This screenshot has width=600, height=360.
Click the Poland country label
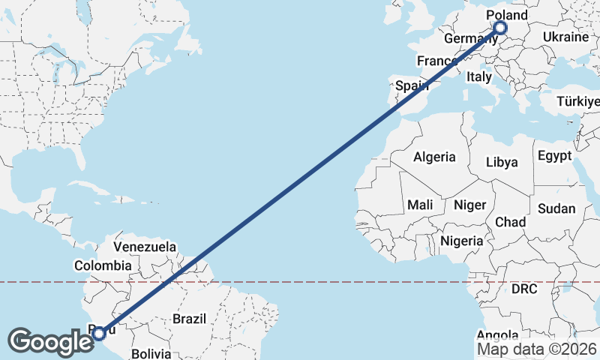507,16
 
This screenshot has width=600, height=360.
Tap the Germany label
466,38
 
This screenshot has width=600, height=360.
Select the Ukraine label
565,37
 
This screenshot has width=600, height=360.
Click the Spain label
412,85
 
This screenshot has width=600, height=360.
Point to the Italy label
478,76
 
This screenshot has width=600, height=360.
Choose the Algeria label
434,157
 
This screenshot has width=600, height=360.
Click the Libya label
502,161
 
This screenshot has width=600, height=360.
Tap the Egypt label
554,156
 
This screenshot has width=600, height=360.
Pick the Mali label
420,204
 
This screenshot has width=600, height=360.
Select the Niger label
470,204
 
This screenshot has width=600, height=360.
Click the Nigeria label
462,241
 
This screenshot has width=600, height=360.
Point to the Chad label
510,222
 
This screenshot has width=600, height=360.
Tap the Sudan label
556,208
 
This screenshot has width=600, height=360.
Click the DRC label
526,288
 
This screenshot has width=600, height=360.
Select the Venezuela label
145,246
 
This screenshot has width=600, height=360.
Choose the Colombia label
103,265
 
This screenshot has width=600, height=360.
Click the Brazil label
189,319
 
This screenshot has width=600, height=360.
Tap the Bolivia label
151,352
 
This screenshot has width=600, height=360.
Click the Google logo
51,342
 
